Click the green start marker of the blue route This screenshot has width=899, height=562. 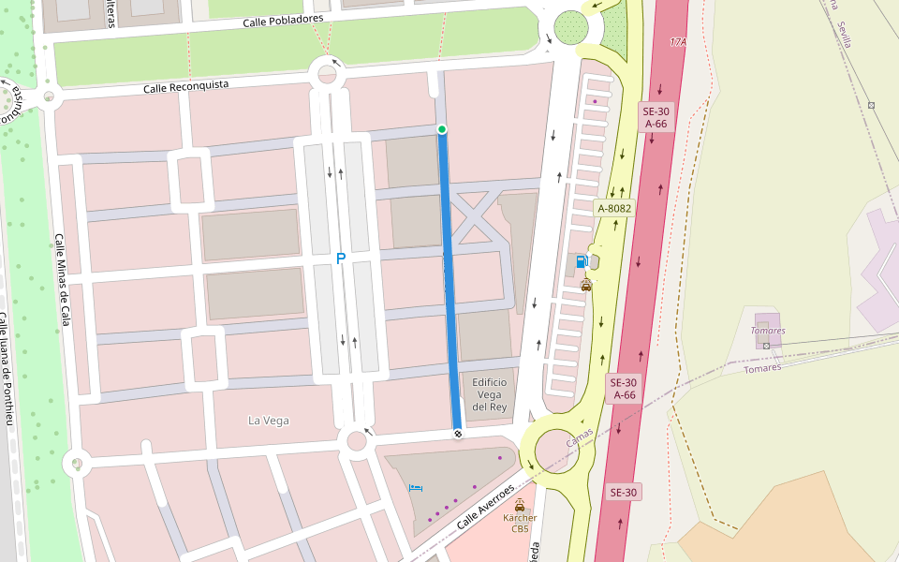[x=442, y=128]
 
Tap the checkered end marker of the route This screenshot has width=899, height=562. [x=458, y=433]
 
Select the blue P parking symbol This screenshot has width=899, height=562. [x=341, y=259]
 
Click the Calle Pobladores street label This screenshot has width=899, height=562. [x=283, y=21]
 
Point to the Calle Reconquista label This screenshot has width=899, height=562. [x=185, y=87]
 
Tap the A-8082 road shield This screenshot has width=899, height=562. [x=615, y=208]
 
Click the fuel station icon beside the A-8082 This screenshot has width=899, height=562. [x=582, y=261]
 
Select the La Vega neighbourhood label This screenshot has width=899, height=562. [x=268, y=421]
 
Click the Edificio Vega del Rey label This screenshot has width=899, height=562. [x=489, y=394]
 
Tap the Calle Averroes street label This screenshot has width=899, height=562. [x=486, y=506]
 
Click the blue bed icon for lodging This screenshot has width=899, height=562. [x=415, y=488]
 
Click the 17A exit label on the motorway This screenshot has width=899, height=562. [x=679, y=43]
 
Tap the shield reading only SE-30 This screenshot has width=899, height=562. [x=624, y=493]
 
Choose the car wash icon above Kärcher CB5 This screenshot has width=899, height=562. [x=520, y=504]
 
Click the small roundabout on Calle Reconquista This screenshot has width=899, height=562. [x=327, y=73]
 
